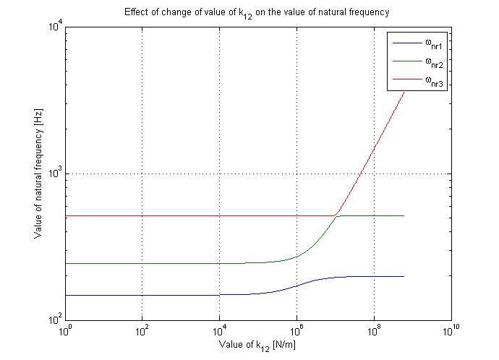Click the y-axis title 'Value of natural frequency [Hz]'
point(38,174)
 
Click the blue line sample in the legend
point(406,43)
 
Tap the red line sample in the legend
point(406,82)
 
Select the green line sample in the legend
point(406,62)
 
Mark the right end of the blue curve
point(404,276)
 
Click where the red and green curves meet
point(338,215)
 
